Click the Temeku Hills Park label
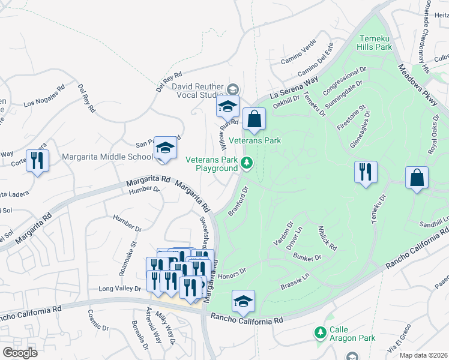374,41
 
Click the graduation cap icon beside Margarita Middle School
165,148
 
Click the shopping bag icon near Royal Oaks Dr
417,178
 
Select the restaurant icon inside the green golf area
366,172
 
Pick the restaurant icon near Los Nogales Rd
38,161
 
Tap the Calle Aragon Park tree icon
321,332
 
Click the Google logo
20,352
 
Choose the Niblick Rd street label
328,238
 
